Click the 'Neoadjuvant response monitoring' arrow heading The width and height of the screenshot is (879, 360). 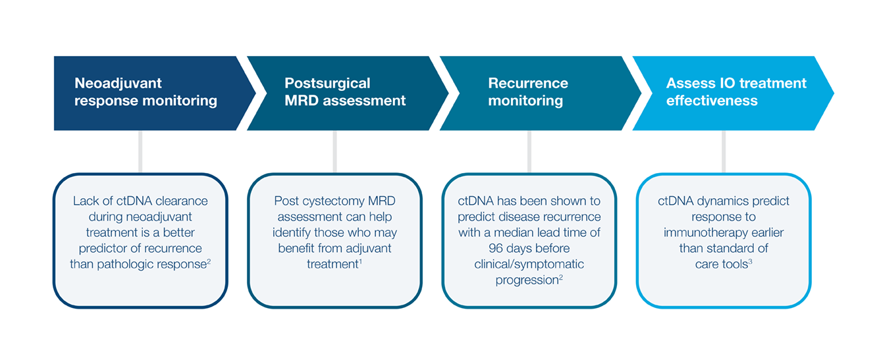tap(146, 92)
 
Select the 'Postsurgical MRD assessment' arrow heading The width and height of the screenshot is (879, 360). tap(345, 92)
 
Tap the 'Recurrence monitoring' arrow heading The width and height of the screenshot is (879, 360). tap(528, 92)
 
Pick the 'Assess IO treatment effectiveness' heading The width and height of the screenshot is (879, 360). tap(736, 92)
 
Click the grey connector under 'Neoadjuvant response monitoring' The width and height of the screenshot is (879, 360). tap(140, 151)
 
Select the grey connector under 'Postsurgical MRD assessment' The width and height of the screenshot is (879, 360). tap(334, 151)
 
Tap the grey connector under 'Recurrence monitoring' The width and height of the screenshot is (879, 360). tap(529, 151)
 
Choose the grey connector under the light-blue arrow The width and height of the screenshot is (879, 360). tap(723, 151)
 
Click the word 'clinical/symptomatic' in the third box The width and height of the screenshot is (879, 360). tap(529, 264)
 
